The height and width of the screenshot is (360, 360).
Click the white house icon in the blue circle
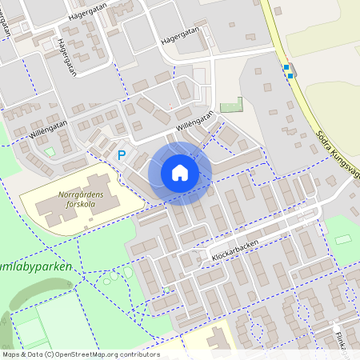point(180,172)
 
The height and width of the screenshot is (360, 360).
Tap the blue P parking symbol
point(122,155)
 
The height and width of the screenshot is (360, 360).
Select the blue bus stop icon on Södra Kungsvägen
point(287,70)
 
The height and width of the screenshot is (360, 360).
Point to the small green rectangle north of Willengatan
point(231,105)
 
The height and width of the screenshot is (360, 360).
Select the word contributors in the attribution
point(138,354)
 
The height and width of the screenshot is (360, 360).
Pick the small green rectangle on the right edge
point(342,239)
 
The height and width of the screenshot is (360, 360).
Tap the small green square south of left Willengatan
point(50,151)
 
